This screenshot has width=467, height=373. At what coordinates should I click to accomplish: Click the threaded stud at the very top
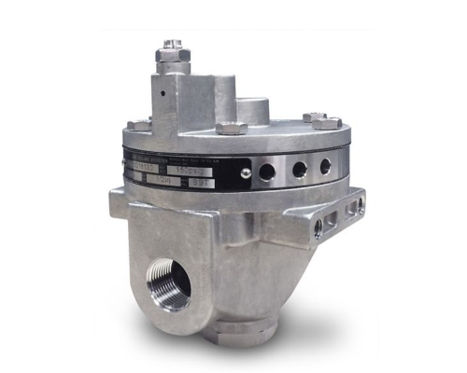[x=173, y=45]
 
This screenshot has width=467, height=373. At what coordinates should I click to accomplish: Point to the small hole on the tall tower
[x=163, y=93]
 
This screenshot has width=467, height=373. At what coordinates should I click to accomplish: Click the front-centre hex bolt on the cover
[x=230, y=128]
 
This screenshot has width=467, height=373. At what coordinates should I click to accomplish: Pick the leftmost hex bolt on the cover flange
[x=137, y=124]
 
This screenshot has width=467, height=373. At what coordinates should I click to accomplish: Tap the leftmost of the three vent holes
[x=271, y=173]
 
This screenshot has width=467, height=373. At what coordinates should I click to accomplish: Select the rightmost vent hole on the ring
[x=325, y=166]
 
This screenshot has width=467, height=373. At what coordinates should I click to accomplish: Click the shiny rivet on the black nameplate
[x=245, y=173]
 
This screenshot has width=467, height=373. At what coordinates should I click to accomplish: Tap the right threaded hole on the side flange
[x=352, y=209]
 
